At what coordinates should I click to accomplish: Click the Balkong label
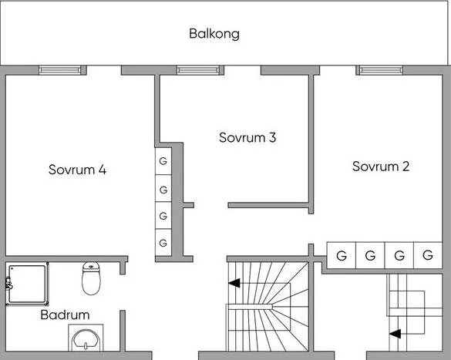214,34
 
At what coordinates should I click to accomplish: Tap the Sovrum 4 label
77,170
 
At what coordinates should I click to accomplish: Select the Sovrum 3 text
247,137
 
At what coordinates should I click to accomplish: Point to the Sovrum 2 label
381,167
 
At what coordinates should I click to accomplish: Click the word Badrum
65,315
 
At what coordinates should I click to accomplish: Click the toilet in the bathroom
91,278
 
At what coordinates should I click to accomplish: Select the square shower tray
27,284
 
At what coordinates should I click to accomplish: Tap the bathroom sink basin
86,340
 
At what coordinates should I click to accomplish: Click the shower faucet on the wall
8,283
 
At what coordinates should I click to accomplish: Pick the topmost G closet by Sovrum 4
163,161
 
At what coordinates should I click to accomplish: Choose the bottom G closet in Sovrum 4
163,243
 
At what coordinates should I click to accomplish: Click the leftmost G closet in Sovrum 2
342,255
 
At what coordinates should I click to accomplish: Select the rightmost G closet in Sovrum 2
428,255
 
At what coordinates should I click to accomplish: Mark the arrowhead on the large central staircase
234,283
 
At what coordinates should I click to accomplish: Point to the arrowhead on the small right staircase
395,334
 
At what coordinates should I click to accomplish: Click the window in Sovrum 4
60,70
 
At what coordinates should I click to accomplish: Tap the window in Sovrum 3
198,70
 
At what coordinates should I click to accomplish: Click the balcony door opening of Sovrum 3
243,70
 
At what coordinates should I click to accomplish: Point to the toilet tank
91,267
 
